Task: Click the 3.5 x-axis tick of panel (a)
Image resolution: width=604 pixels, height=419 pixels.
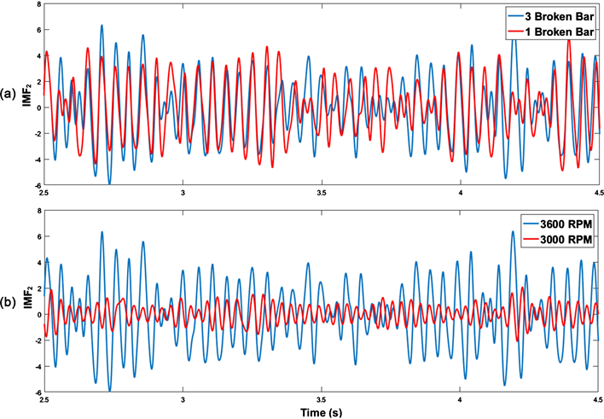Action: pyautogui.click(x=322, y=193)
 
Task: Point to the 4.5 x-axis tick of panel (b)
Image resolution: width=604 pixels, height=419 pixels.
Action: pyautogui.click(x=598, y=399)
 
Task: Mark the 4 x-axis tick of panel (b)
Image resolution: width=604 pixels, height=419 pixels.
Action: pyautogui.click(x=461, y=399)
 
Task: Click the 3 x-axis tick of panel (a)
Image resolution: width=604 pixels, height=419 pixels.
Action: pyautogui.click(x=183, y=193)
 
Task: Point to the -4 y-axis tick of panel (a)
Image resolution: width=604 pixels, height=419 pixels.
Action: pyautogui.click(x=37, y=159)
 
